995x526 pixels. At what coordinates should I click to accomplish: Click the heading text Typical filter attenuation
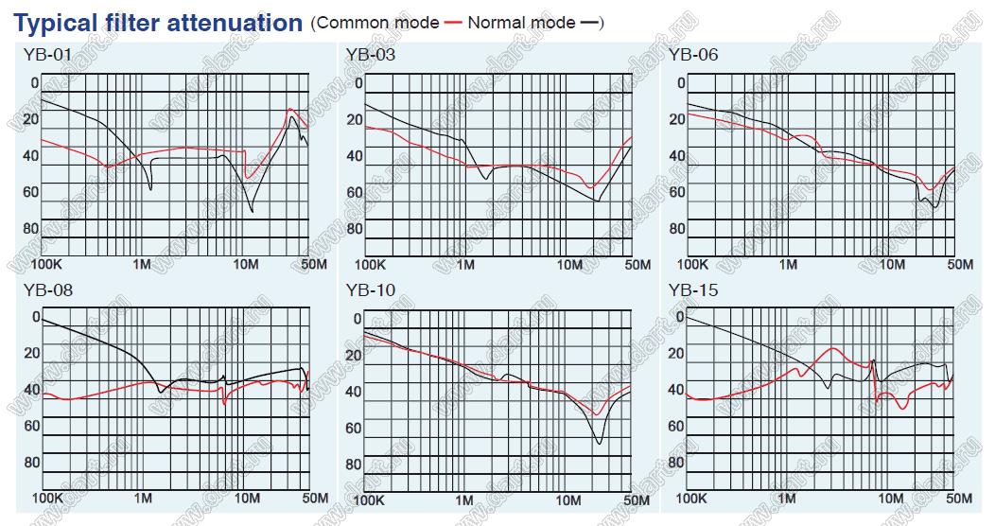click(158, 23)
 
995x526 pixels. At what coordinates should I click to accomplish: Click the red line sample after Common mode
click(452, 23)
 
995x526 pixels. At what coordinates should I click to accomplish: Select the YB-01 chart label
click(47, 55)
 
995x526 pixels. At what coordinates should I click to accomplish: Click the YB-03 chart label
click(371, 55)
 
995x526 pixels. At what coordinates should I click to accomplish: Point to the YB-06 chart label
click(693, 55)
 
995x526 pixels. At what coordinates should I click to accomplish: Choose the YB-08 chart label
click(47, 290)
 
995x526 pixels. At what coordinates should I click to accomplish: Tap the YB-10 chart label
click(371, 290)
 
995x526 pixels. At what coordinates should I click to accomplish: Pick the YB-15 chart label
click(693, 290)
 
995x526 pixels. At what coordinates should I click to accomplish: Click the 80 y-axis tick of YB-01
click(30, 229)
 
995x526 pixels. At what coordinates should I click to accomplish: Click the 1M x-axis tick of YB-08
click(144, 499)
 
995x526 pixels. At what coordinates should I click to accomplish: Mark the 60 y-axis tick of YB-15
click(676, 427)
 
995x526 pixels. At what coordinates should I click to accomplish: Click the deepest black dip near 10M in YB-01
click(252, 210)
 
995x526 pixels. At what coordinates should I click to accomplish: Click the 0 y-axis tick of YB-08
click(36, 317)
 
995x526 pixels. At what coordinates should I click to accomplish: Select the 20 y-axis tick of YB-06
click(676, 119)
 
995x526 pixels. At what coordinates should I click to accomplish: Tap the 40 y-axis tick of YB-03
click(354, 156)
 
